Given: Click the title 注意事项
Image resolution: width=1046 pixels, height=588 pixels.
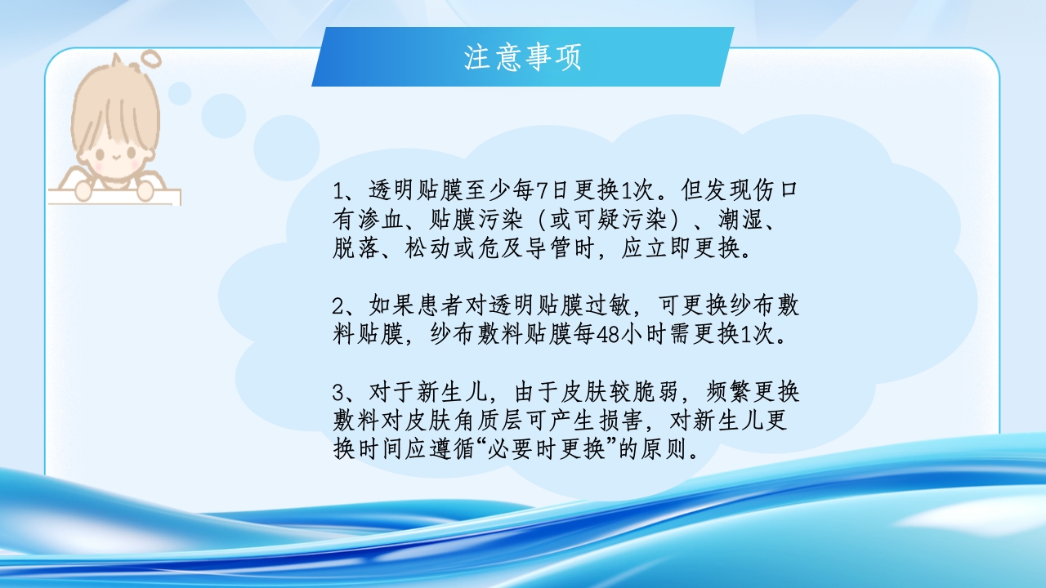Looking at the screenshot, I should [x=522, y=57].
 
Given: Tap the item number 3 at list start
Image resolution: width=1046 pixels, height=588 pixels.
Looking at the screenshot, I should [x=339, y=392].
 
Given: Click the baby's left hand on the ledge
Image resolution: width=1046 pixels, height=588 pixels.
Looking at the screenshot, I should [x=82, y=190].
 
